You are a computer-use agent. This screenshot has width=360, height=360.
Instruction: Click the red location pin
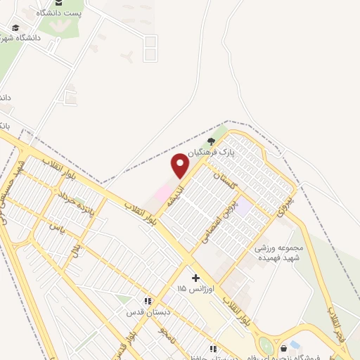(181, 166)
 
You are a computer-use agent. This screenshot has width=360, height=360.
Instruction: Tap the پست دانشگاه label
(63, 13)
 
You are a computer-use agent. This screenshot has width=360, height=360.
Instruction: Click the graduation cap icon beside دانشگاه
(15, 28)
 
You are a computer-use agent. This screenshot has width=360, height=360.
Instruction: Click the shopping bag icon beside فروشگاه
(283, 348)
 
